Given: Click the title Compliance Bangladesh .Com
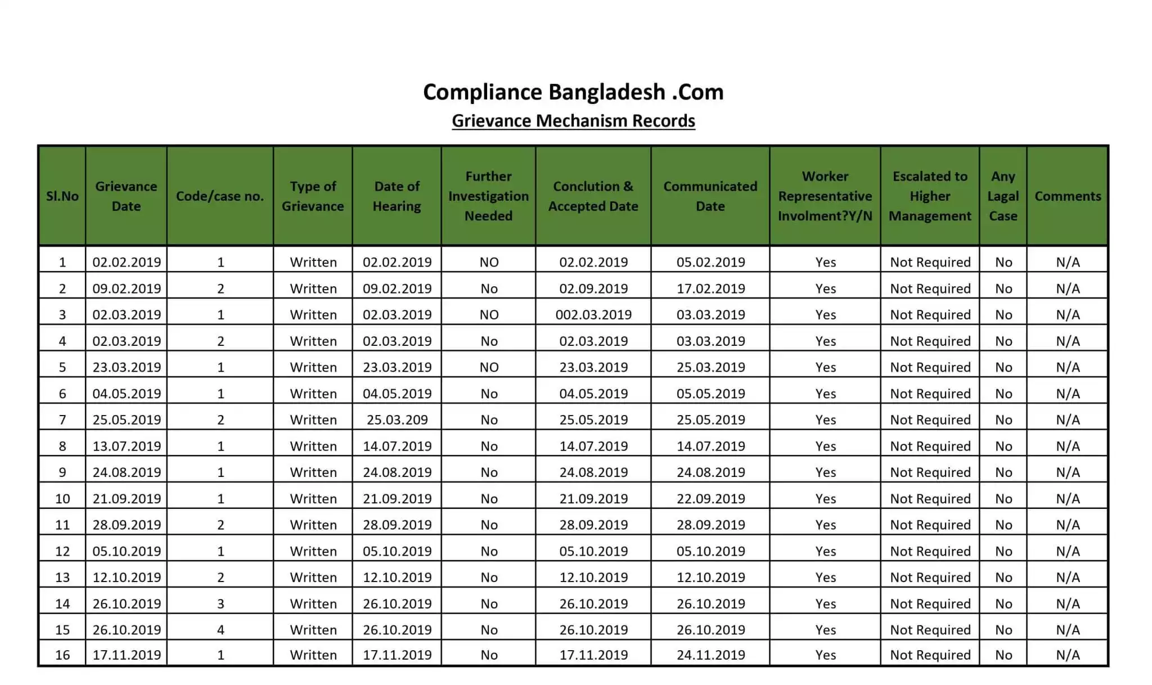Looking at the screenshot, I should click(573, 92).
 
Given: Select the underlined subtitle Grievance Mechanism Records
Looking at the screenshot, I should click(573, 121).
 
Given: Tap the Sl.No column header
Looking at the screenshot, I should click(62, 196).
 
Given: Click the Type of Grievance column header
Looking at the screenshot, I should click(313, 196).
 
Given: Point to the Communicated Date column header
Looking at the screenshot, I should click(710, 196).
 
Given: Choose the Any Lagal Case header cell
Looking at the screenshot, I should click(1003, 196).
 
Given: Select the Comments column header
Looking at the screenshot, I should click(1068, 196).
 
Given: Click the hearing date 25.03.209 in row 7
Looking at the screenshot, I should click(397, 420).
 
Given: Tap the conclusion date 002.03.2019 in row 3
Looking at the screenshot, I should click(593, 314).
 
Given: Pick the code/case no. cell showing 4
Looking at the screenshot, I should click(220, 630).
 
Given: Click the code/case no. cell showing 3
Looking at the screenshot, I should click(220, 603).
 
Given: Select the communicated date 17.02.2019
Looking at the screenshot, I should click(710, 289).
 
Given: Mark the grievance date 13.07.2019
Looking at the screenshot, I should click(127, 446).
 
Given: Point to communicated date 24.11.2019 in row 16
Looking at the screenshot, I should click(710, 655).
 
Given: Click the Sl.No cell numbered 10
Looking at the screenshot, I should click(62, 498).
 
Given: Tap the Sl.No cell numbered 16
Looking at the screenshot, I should click(62, 655).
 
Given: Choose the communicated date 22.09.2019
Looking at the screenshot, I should click(710, 498).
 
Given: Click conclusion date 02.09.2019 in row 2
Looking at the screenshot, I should click(593, 289).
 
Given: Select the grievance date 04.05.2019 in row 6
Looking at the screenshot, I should click(127, 394).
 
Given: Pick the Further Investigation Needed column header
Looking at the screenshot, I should click(488, 196).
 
